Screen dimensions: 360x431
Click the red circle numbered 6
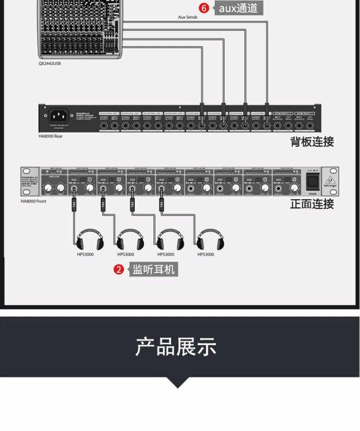[204, 8]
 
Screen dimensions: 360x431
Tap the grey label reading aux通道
[238, 8]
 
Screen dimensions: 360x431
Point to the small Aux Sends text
[187, 17]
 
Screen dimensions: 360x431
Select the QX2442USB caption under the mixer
[50, 63]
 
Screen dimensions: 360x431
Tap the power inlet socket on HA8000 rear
[60, 116]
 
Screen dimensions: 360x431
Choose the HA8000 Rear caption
[51, 136]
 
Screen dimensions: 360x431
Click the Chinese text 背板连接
[312, 141]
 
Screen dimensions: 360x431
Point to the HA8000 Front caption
[34, 201]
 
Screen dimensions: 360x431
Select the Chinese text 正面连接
[312, 204]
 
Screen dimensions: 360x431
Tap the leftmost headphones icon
[90, 239]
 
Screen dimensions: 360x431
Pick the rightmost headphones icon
[210, 239]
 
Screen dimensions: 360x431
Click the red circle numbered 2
[119, 270]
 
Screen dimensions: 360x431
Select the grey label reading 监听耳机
[153, 270]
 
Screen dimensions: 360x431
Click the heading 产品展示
[176, 347]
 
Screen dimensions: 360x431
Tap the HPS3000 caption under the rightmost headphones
[206, 254]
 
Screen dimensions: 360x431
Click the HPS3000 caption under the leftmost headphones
[85, 254]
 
